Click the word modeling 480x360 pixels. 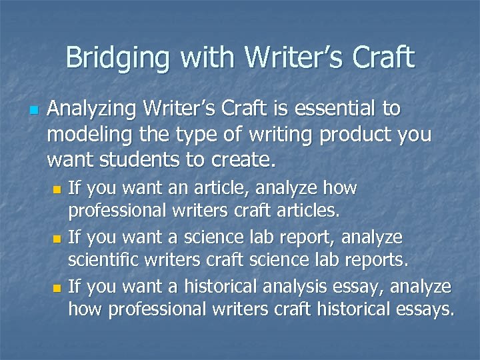point(84,135)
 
